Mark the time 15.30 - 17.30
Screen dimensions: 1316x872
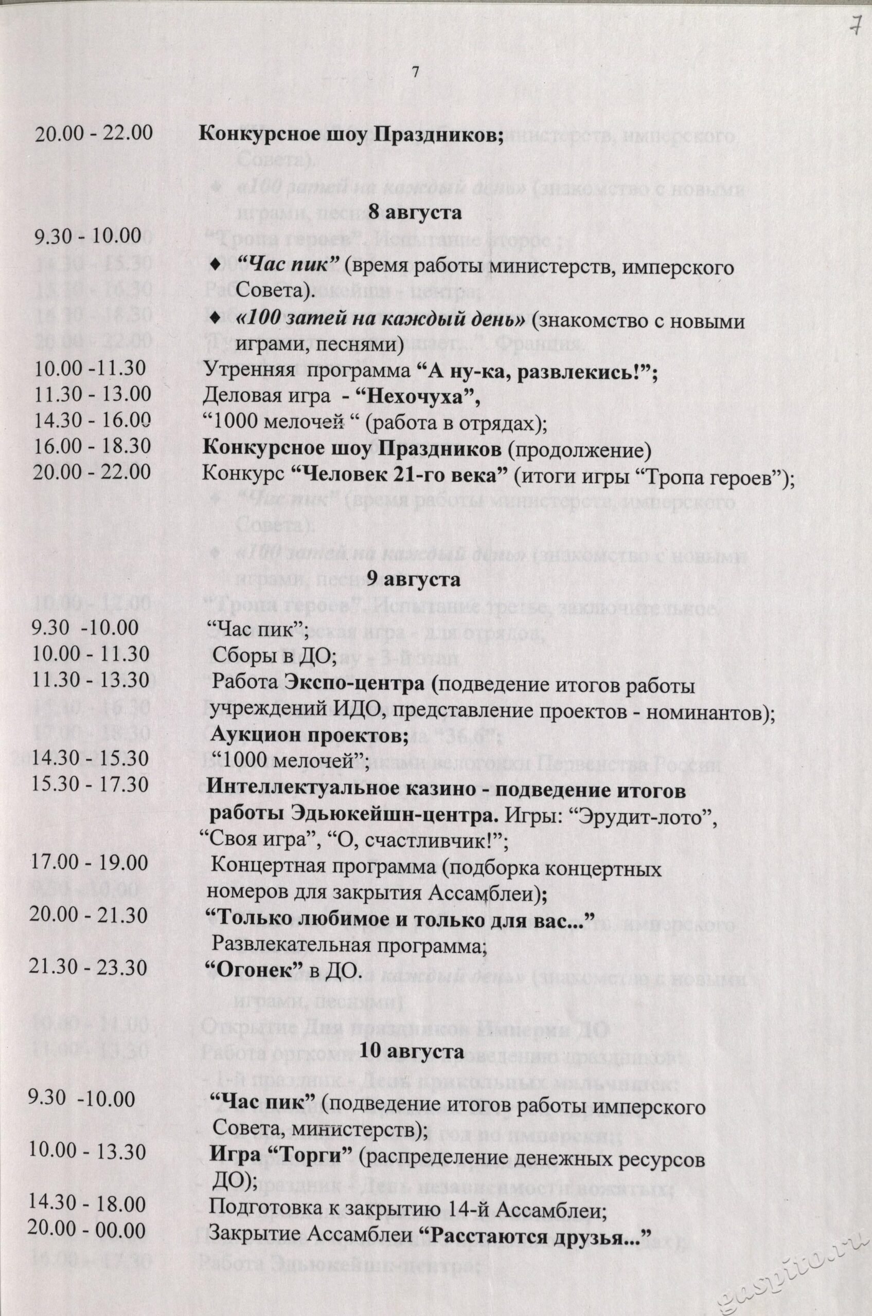tap(91, 784)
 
